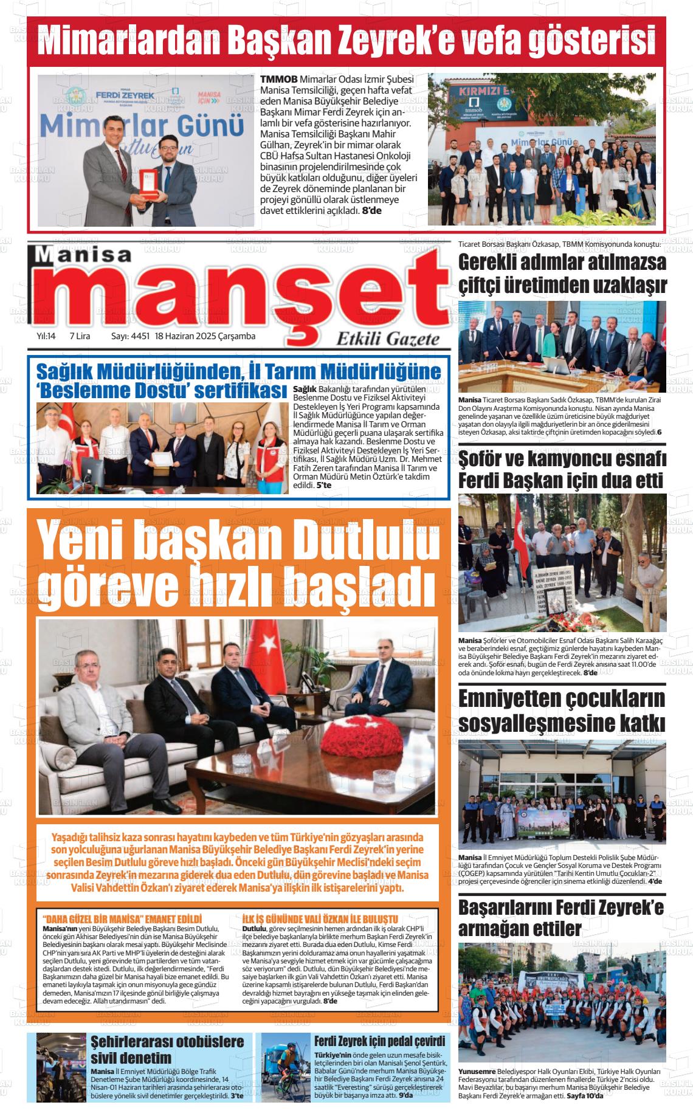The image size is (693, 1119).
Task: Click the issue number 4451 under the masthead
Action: click(x=140, y=336)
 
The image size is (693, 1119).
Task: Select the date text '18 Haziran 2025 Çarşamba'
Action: click(x=205, y=336)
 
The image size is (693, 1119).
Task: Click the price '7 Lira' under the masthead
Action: click(x=81, y=336)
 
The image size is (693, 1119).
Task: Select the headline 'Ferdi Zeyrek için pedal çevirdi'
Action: click(x=379, y=1041)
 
